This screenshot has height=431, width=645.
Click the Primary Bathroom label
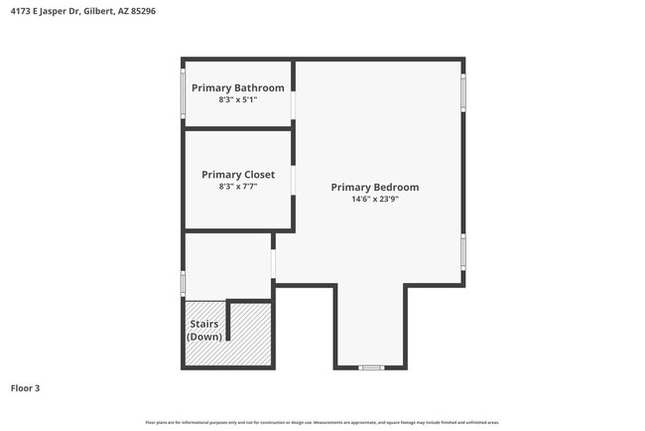pyautogui.click(x=237, y=87)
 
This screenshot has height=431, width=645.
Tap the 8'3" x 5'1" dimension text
pyautogui.click(x=237, y=99)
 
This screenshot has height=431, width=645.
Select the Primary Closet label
pyautogui.click(x=237, y=174)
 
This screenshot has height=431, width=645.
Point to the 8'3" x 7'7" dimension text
pyautogui.click(x=237, y=186)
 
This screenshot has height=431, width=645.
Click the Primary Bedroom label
pyautogui.click(x=374, y=187)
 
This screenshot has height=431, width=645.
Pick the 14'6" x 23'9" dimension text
pyautogui.click(x=374, y=199)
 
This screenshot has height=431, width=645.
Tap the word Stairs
pyautogui.click(x=203, y=324)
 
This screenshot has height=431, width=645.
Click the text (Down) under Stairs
pyautogui.click(x=203, y=337)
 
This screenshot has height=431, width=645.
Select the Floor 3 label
pyautogui.click(x=25, y=388)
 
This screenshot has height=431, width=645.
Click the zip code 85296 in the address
pyautogui.click(x=140, y=11)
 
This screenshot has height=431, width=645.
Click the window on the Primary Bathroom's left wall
pyautogui.click(x=183, y=93)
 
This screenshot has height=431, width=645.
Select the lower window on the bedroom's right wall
pyautogui.click(x=462, y=251)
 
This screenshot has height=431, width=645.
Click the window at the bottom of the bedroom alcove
pyautogui.click(x=370, y=367)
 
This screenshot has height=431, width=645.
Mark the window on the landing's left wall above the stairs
pyautogui.click(x=183, y=283)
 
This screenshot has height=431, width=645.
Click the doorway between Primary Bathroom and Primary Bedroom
pyautogui.click(x=293, y=104)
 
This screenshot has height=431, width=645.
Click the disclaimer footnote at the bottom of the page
pyautogui.click(x=322, y=422)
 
